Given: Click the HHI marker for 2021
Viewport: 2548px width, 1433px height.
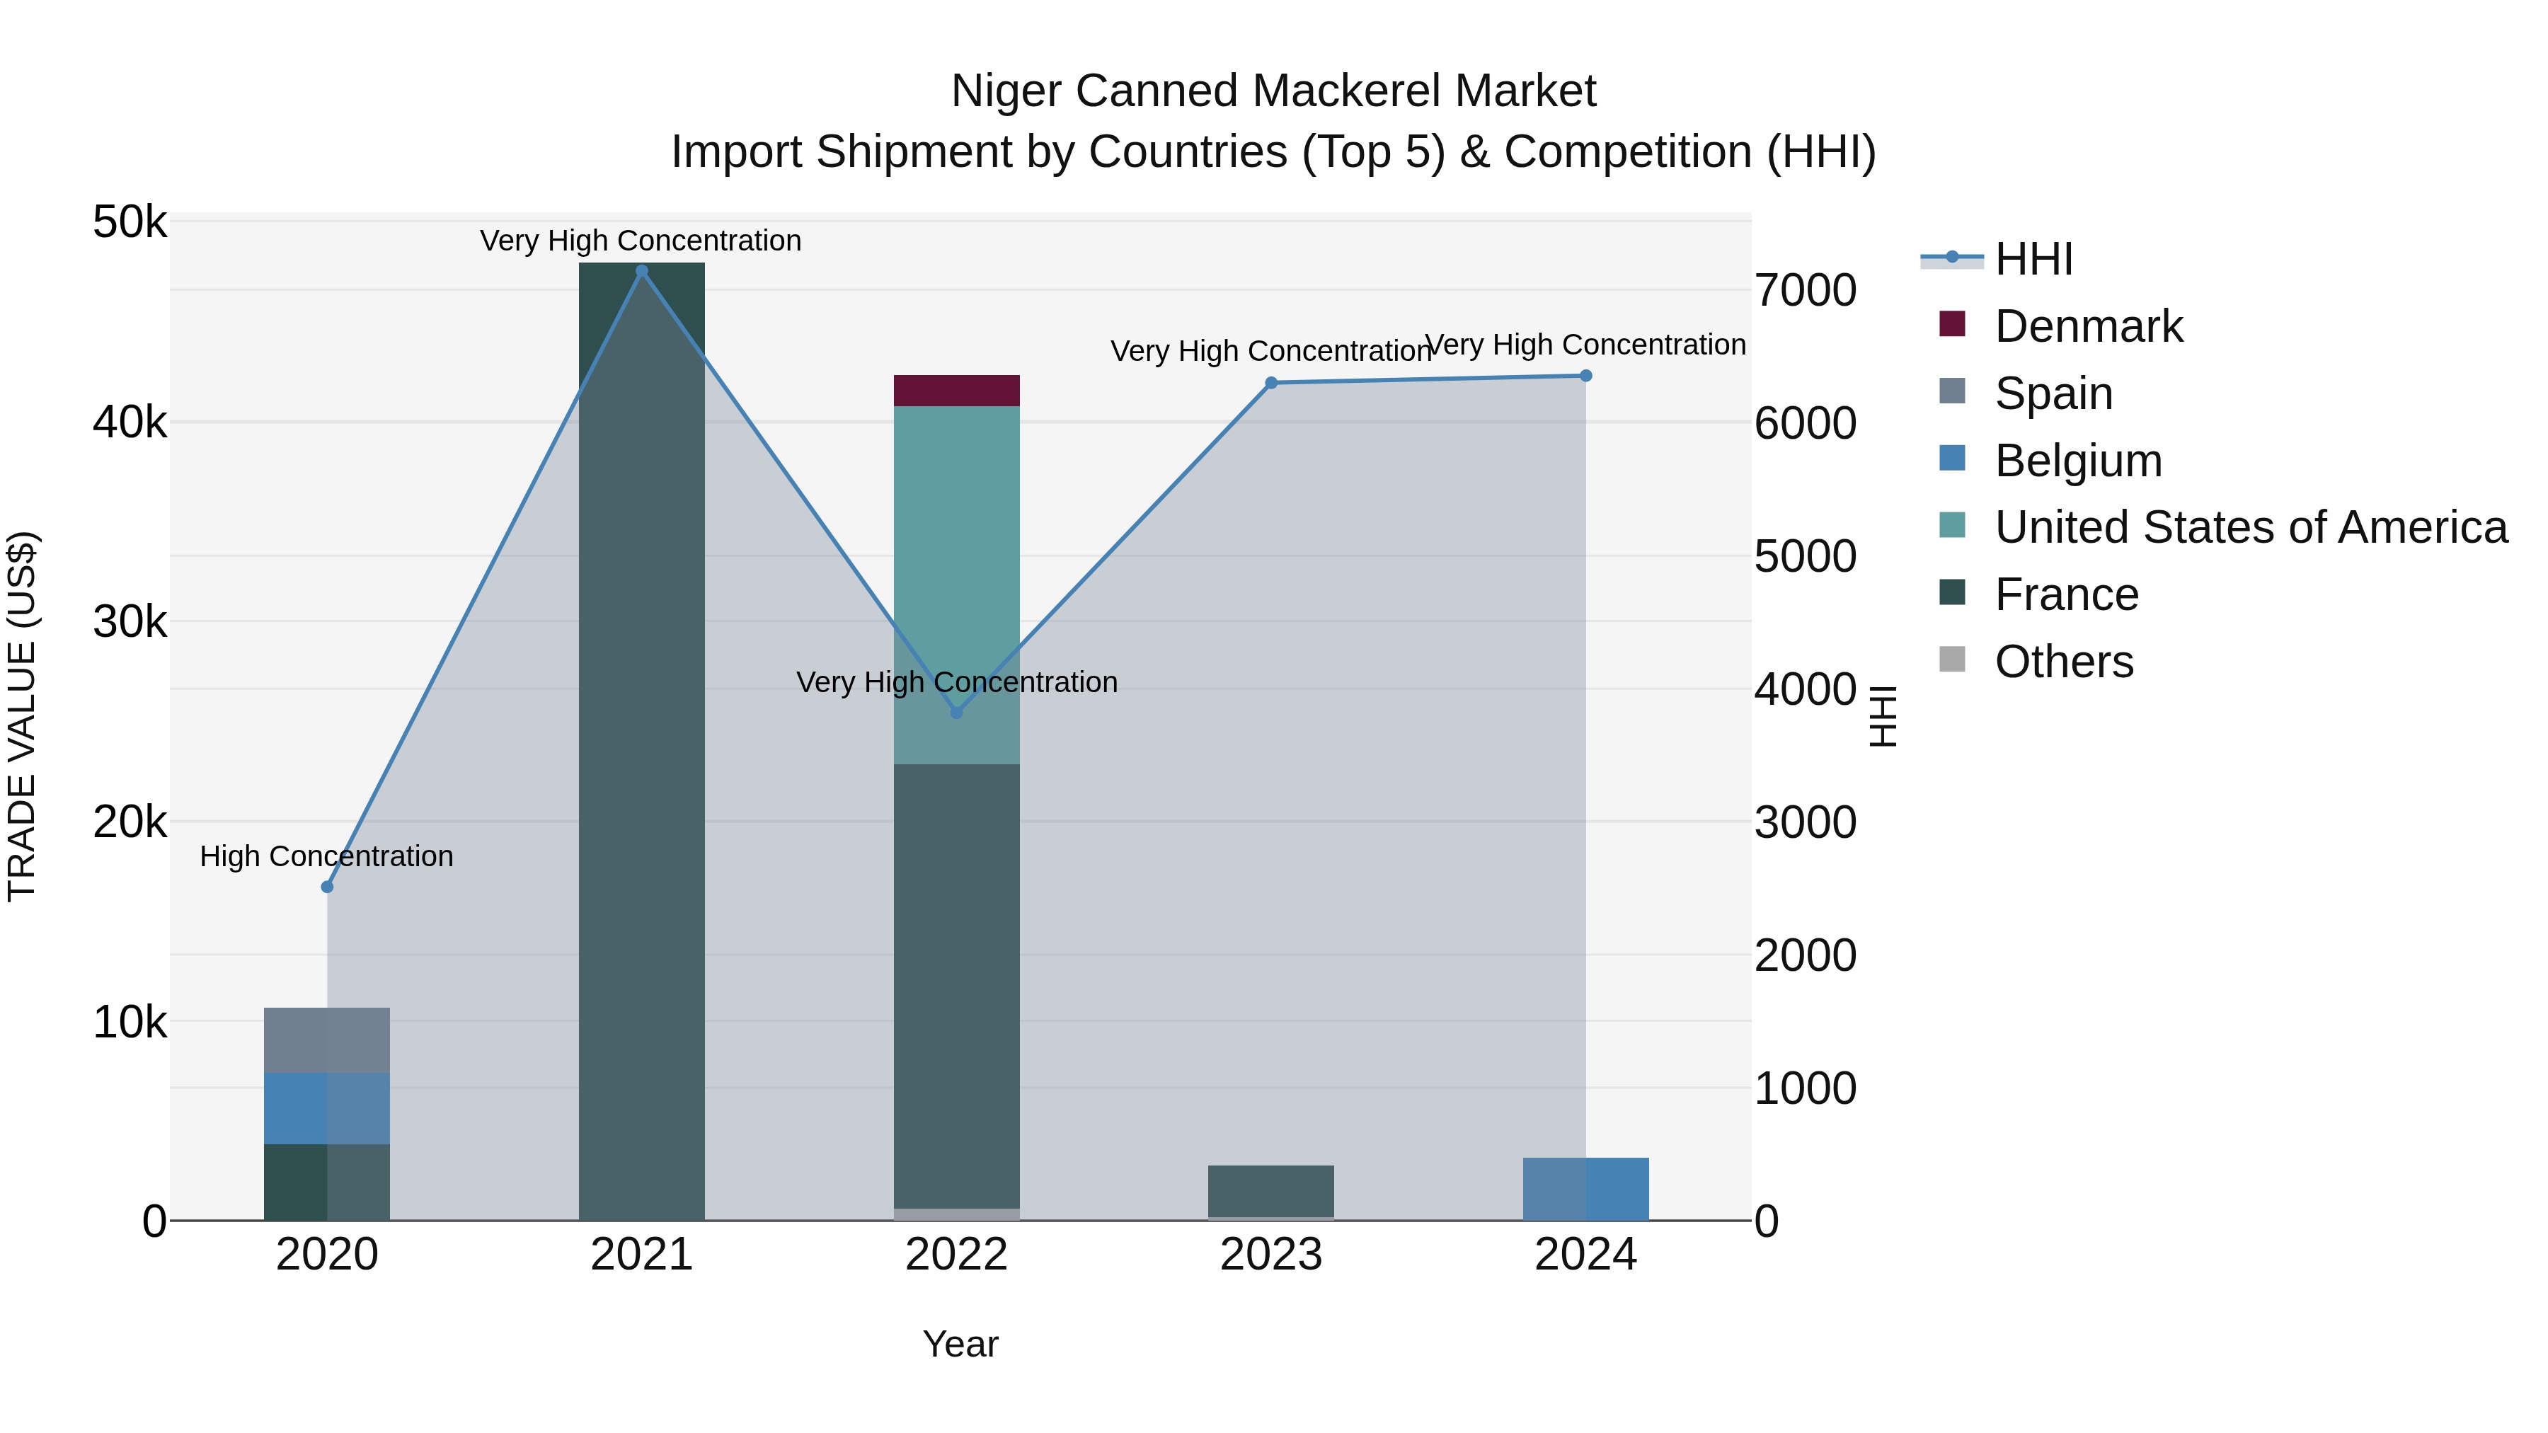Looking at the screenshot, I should tap(641, 271).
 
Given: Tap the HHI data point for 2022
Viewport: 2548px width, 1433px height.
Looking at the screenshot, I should tap(956, 712).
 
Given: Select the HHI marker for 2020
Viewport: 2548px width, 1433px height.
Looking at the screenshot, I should tap(328, 887).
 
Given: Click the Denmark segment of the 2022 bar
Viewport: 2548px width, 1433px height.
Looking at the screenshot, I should tap(956, 391).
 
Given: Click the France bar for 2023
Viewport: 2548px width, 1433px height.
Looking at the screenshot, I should tap(1271, 1191).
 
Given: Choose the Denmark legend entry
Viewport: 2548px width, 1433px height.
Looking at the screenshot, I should tap(2087, 326).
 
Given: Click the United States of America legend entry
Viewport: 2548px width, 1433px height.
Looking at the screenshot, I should tap(2250, 527).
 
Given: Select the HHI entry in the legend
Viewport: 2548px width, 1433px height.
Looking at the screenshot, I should tap(2033, 259).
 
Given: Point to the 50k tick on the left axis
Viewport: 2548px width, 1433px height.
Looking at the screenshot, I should tap(130, 222).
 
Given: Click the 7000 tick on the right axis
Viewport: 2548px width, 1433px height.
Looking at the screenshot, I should tap(1805, 291).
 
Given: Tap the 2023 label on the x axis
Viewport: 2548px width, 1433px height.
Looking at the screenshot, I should tap(1271, 1255).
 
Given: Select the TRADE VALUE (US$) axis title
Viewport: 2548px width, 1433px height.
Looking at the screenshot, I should tap(22, 716).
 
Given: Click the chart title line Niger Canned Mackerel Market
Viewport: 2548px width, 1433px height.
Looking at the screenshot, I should tap(1273, 91).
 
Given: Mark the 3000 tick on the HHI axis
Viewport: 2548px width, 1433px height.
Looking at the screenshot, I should tap(1805, 823).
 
